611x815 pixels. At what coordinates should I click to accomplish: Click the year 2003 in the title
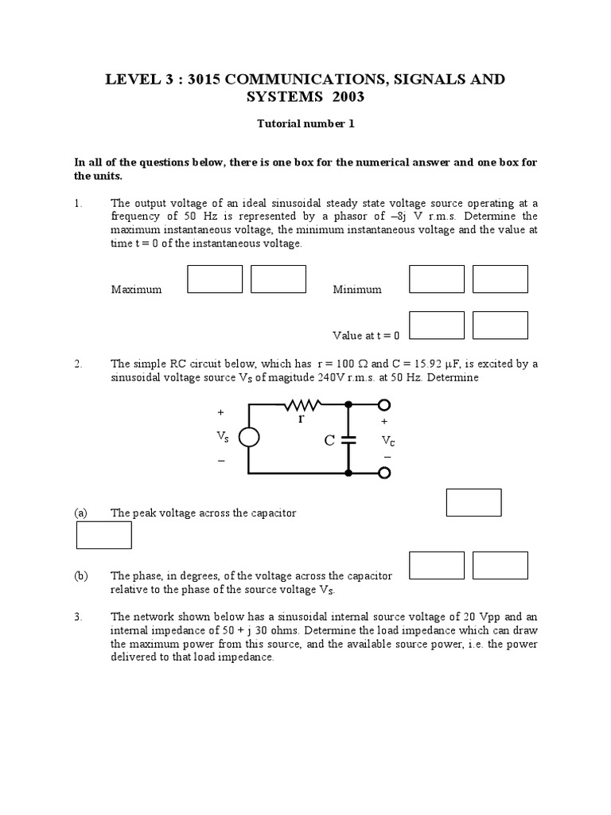coord(344,98)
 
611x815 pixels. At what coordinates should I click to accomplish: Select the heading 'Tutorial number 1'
coord(305,125)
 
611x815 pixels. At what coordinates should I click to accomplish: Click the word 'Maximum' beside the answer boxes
coord(136,290)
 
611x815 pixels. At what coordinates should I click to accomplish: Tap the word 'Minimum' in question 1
coord(356,290)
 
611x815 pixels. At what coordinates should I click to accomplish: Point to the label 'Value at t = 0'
coord(366,336)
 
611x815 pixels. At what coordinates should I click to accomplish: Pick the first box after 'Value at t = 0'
coord(436,325)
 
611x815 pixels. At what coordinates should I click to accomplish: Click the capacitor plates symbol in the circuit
coord(348,439)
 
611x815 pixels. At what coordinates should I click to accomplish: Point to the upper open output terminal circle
coord(384,404)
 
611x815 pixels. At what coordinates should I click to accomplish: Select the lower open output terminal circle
coord(384,474)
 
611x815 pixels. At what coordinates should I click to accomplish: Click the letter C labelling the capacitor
coord(329,440)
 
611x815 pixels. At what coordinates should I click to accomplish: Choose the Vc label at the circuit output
coord(387,439)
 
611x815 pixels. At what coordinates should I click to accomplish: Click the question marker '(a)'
coord(81,513)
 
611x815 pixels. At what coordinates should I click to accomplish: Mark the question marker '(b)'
coord(81,575)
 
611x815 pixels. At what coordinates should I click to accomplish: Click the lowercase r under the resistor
coord(302,419)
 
